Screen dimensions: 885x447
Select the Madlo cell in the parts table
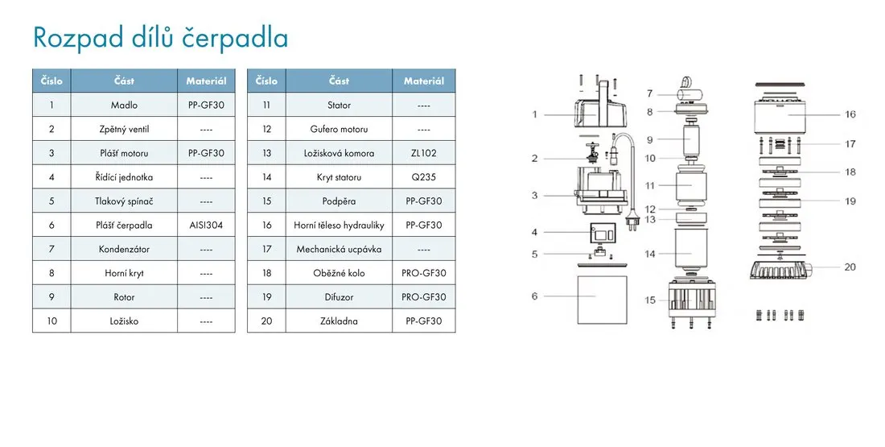pos(124,106)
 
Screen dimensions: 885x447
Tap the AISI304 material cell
pos(206,225)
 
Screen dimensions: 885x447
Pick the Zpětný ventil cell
pos(124,129)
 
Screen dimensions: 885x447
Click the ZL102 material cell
pos(424,153)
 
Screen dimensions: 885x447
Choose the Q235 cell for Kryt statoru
pos(424,177)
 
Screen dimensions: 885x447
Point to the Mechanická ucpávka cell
pos(340,249)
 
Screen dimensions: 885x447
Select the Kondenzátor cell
pos(124,249)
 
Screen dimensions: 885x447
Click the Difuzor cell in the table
pos(340,296)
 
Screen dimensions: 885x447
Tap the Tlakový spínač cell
pos(124,201)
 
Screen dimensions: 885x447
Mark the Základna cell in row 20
pos(340,321)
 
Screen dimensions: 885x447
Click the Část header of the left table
pos(124,81)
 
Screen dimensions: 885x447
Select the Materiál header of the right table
pos(424,81)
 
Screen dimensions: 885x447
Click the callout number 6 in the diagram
pos(534,296)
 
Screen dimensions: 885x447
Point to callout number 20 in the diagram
pos(850,267)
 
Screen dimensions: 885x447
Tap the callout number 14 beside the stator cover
pos(650,254)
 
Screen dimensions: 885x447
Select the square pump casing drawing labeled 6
pos(603,300)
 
